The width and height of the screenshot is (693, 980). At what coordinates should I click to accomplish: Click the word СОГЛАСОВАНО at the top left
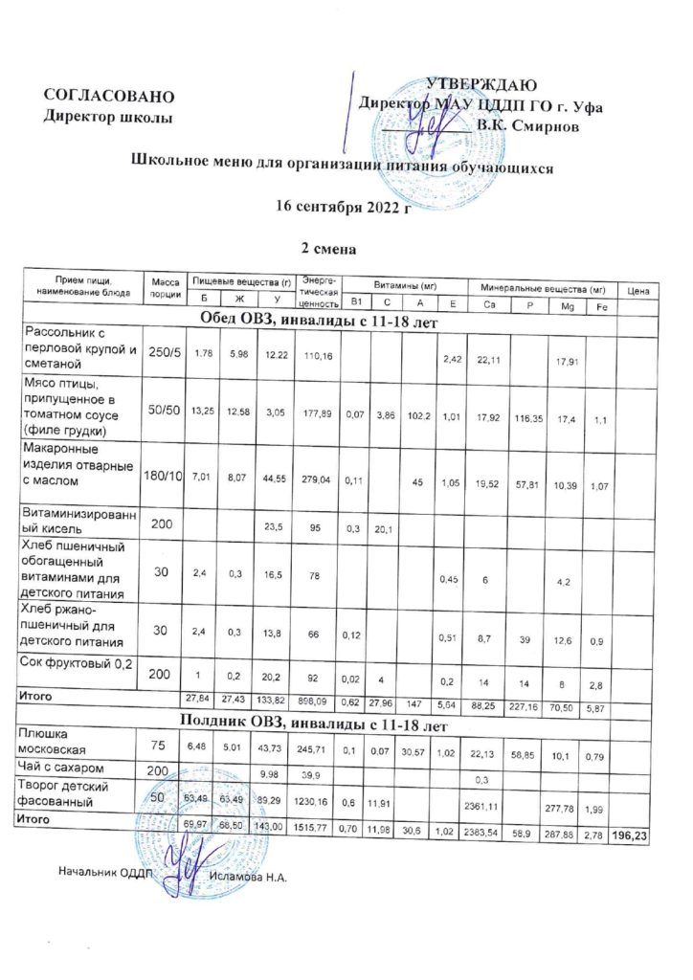click(x=109, y=96)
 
